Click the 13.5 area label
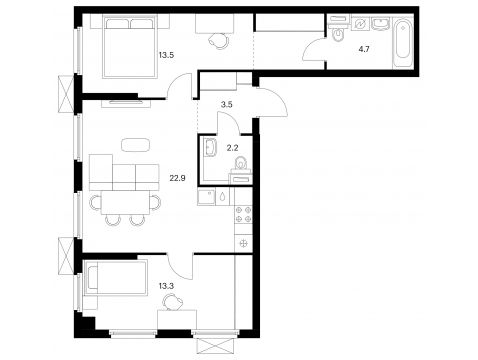point(166,55)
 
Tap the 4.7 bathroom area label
point(364,50)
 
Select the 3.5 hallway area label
point(227,104)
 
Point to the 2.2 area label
point(232,148)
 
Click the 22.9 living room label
point(177,178)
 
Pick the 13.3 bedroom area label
point(166,286)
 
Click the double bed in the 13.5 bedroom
point(130,48)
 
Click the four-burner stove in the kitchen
point(244,214)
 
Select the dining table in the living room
point(125,203)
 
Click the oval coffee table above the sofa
point(135,145)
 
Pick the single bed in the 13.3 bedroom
point(116,278)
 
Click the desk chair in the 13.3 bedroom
point(173,302)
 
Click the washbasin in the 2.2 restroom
point(209,147)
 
